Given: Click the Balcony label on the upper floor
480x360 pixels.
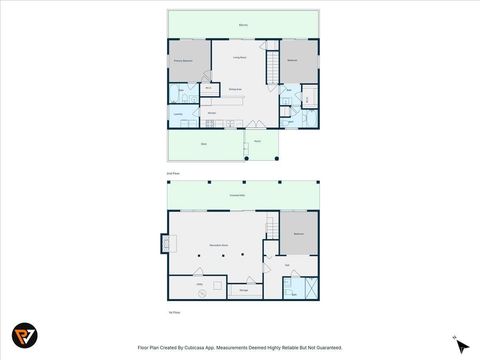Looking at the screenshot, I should click(244, 24).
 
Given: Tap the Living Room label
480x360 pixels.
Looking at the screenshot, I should click(240, 59).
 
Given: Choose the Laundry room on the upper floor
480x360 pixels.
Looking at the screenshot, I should click(179, 114).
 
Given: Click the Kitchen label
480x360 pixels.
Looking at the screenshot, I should click(212, 113).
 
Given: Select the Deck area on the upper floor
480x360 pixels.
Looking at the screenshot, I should click(203, 145).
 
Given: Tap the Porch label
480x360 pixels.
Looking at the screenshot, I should click(257, 141).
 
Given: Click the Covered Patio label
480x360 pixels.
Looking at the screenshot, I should click(240, 194).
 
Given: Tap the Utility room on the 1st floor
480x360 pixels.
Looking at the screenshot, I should click(200, 285).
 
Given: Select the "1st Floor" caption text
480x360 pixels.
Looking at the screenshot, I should click(174, 313).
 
